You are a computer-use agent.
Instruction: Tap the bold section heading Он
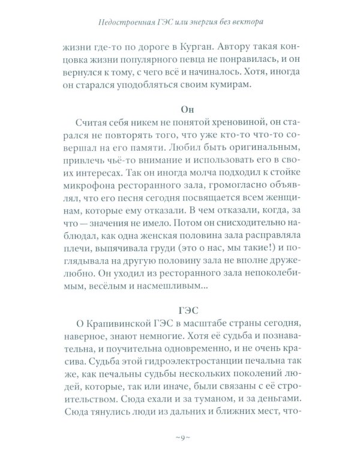(x=179, y=110)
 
